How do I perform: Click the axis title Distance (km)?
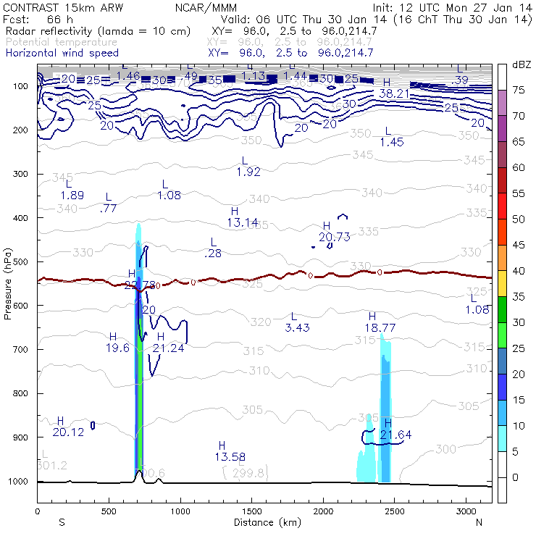tap(264, 522)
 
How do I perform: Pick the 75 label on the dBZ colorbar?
tap(519, 91)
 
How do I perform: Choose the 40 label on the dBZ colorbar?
tap(519, 271)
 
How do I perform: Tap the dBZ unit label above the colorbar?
tap(522, 65)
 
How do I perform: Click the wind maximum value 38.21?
tap(394, 93)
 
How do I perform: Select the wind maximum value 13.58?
tap(229, 456)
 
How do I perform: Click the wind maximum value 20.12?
tap(68, 432)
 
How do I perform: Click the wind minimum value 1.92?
tap(248, 172)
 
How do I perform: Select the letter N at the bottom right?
tap(479, 522)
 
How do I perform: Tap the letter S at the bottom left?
tap(62, 522)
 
